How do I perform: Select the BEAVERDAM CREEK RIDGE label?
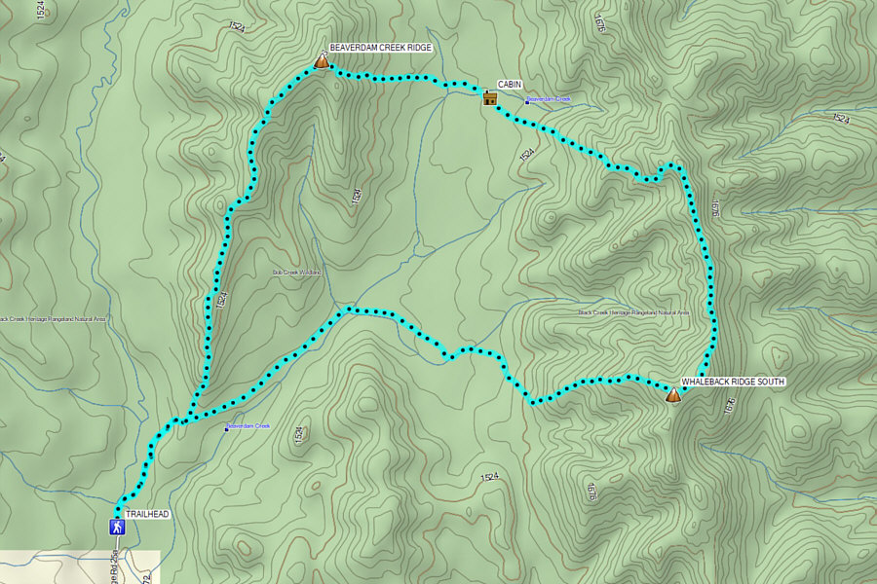tap(380, 48)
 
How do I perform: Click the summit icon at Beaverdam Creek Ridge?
tap(322, 61)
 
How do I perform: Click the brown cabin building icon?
tap(489, 96)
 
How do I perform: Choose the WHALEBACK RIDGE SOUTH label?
tap(733, 381)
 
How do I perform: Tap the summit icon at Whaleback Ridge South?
tap(671, 394)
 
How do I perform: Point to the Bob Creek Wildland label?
tap(297, 273)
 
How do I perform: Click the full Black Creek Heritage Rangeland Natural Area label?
tap(633, 312)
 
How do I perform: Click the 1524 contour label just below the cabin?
tap(527, 154)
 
